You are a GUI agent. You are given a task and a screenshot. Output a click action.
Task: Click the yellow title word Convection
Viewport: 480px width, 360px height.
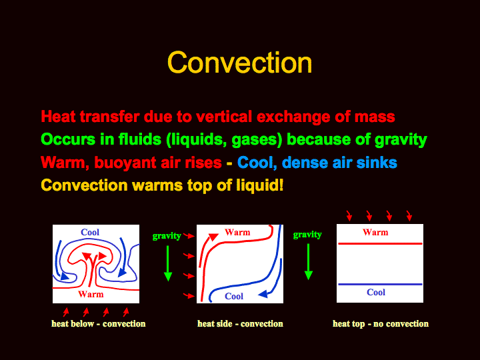[x=240, y=63]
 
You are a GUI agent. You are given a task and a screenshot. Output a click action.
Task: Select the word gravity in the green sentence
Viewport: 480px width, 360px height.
[x=401, y=140]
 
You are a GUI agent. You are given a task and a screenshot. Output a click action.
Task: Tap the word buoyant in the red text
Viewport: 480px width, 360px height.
[x=125, y=163]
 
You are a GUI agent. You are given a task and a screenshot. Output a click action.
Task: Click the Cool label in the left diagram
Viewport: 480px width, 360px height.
[x=90, y=232]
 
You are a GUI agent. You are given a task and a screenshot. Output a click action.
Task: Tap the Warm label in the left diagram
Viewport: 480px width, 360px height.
[x=91, y=295]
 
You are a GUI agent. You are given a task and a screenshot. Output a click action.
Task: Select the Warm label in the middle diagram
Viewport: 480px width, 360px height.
[x=237, y=233]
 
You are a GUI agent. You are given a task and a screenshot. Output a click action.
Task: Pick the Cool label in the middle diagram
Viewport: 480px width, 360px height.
[x=234, y=296]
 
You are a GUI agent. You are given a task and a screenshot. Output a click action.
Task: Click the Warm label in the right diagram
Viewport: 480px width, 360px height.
[x=375, y=233]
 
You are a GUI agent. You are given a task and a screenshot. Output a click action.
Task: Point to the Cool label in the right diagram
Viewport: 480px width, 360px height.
[x=376, y=293]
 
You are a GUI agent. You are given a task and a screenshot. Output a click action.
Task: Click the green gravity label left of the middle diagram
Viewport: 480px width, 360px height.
[x=167, y=236]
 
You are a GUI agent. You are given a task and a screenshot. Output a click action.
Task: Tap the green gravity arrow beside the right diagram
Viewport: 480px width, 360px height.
[x=308, y=262]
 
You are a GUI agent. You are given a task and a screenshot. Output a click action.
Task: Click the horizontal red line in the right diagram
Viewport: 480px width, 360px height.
[x=380, y=244]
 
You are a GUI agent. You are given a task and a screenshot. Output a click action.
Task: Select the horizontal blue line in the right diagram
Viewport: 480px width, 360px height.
[x=380, y=285]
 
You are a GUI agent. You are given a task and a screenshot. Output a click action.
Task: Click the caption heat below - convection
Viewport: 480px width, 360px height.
[x=98, y=324]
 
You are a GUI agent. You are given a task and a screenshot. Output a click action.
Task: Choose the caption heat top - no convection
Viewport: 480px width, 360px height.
[x=381, y=324]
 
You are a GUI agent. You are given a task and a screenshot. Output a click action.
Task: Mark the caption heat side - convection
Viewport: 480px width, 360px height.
[x=240, y=324]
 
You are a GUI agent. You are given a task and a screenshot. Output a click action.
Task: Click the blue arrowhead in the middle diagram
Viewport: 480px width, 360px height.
[x=263, y=294]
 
